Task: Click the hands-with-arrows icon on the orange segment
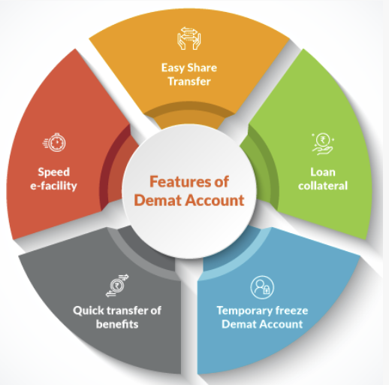(189, 38)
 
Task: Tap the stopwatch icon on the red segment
(54, 142)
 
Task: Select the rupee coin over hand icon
(322, 144)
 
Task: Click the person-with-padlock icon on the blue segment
(262, 287)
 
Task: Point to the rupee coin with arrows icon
(117, 286)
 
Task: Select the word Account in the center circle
(215, 200)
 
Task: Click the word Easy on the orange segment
(173, 68)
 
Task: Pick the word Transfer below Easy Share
(189, 81)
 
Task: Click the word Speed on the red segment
(54, 172)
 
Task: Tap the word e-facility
(53, 186)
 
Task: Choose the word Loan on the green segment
(323, 172)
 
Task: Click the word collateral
(323, 186)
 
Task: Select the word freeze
(292, 311)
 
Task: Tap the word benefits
(117, 324)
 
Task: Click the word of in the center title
(222, 181)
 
